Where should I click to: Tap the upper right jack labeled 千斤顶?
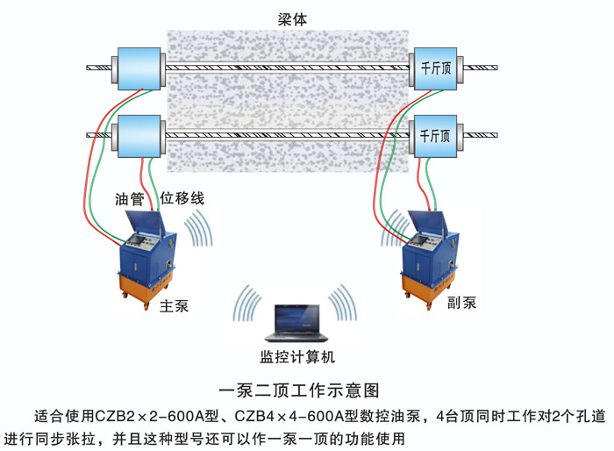(x=436, y=68)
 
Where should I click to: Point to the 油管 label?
(x=128, y=198)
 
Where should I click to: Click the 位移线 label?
(x=181, y=198)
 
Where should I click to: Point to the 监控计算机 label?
(x=297, y=356)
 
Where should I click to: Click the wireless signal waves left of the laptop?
(x=247, y=307)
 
